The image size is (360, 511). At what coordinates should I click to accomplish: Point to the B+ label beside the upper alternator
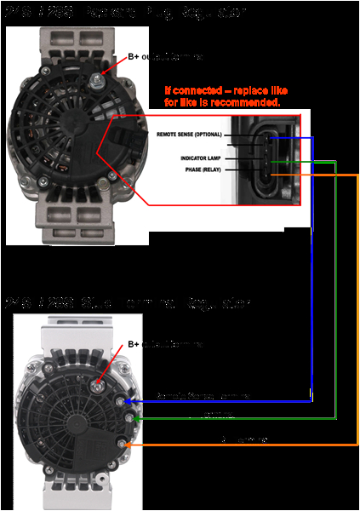(134, 57)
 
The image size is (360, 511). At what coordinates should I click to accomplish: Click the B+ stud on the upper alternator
(100, 78)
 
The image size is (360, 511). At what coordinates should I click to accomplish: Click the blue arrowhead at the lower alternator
(129, 400)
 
